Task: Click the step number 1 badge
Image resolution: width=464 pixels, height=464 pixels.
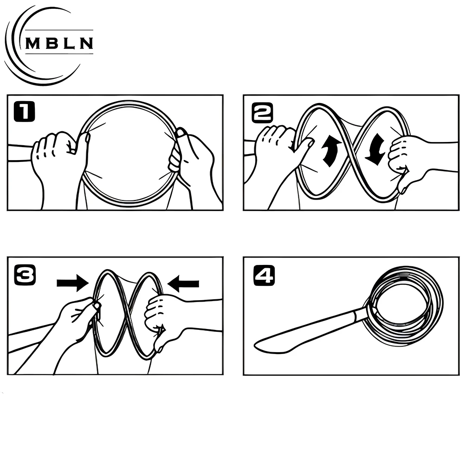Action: pos(24,112)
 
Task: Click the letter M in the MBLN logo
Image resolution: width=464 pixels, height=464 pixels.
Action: pos(33,43)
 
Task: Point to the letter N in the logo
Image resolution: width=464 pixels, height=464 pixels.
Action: pos(87,43)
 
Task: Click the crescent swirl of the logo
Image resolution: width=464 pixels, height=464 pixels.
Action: pos(19,56)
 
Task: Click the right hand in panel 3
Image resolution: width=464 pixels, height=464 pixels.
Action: pos(165,316)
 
